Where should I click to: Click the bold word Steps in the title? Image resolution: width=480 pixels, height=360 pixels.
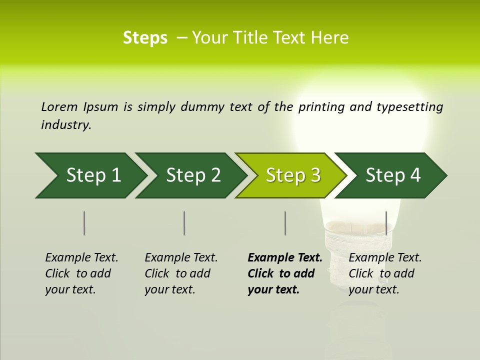pos(145,38)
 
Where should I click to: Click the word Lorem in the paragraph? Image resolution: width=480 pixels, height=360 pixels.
pos(59,106)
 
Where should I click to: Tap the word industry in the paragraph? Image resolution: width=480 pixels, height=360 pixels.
pos(65,125)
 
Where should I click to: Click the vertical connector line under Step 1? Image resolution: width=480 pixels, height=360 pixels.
pos(84,223)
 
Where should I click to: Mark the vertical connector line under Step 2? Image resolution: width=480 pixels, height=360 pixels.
pos(184,223)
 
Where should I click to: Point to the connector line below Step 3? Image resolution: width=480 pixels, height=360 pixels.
pos(285,223)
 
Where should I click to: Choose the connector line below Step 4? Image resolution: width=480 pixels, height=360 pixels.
pos(386,223)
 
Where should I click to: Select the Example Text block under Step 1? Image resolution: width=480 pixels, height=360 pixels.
pos(81,273)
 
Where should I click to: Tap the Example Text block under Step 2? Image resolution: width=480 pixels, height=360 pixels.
pos(180,273)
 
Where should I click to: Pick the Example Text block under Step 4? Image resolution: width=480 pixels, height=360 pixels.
pos(384,273)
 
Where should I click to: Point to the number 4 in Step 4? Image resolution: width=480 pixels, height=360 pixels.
pos(415,175)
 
